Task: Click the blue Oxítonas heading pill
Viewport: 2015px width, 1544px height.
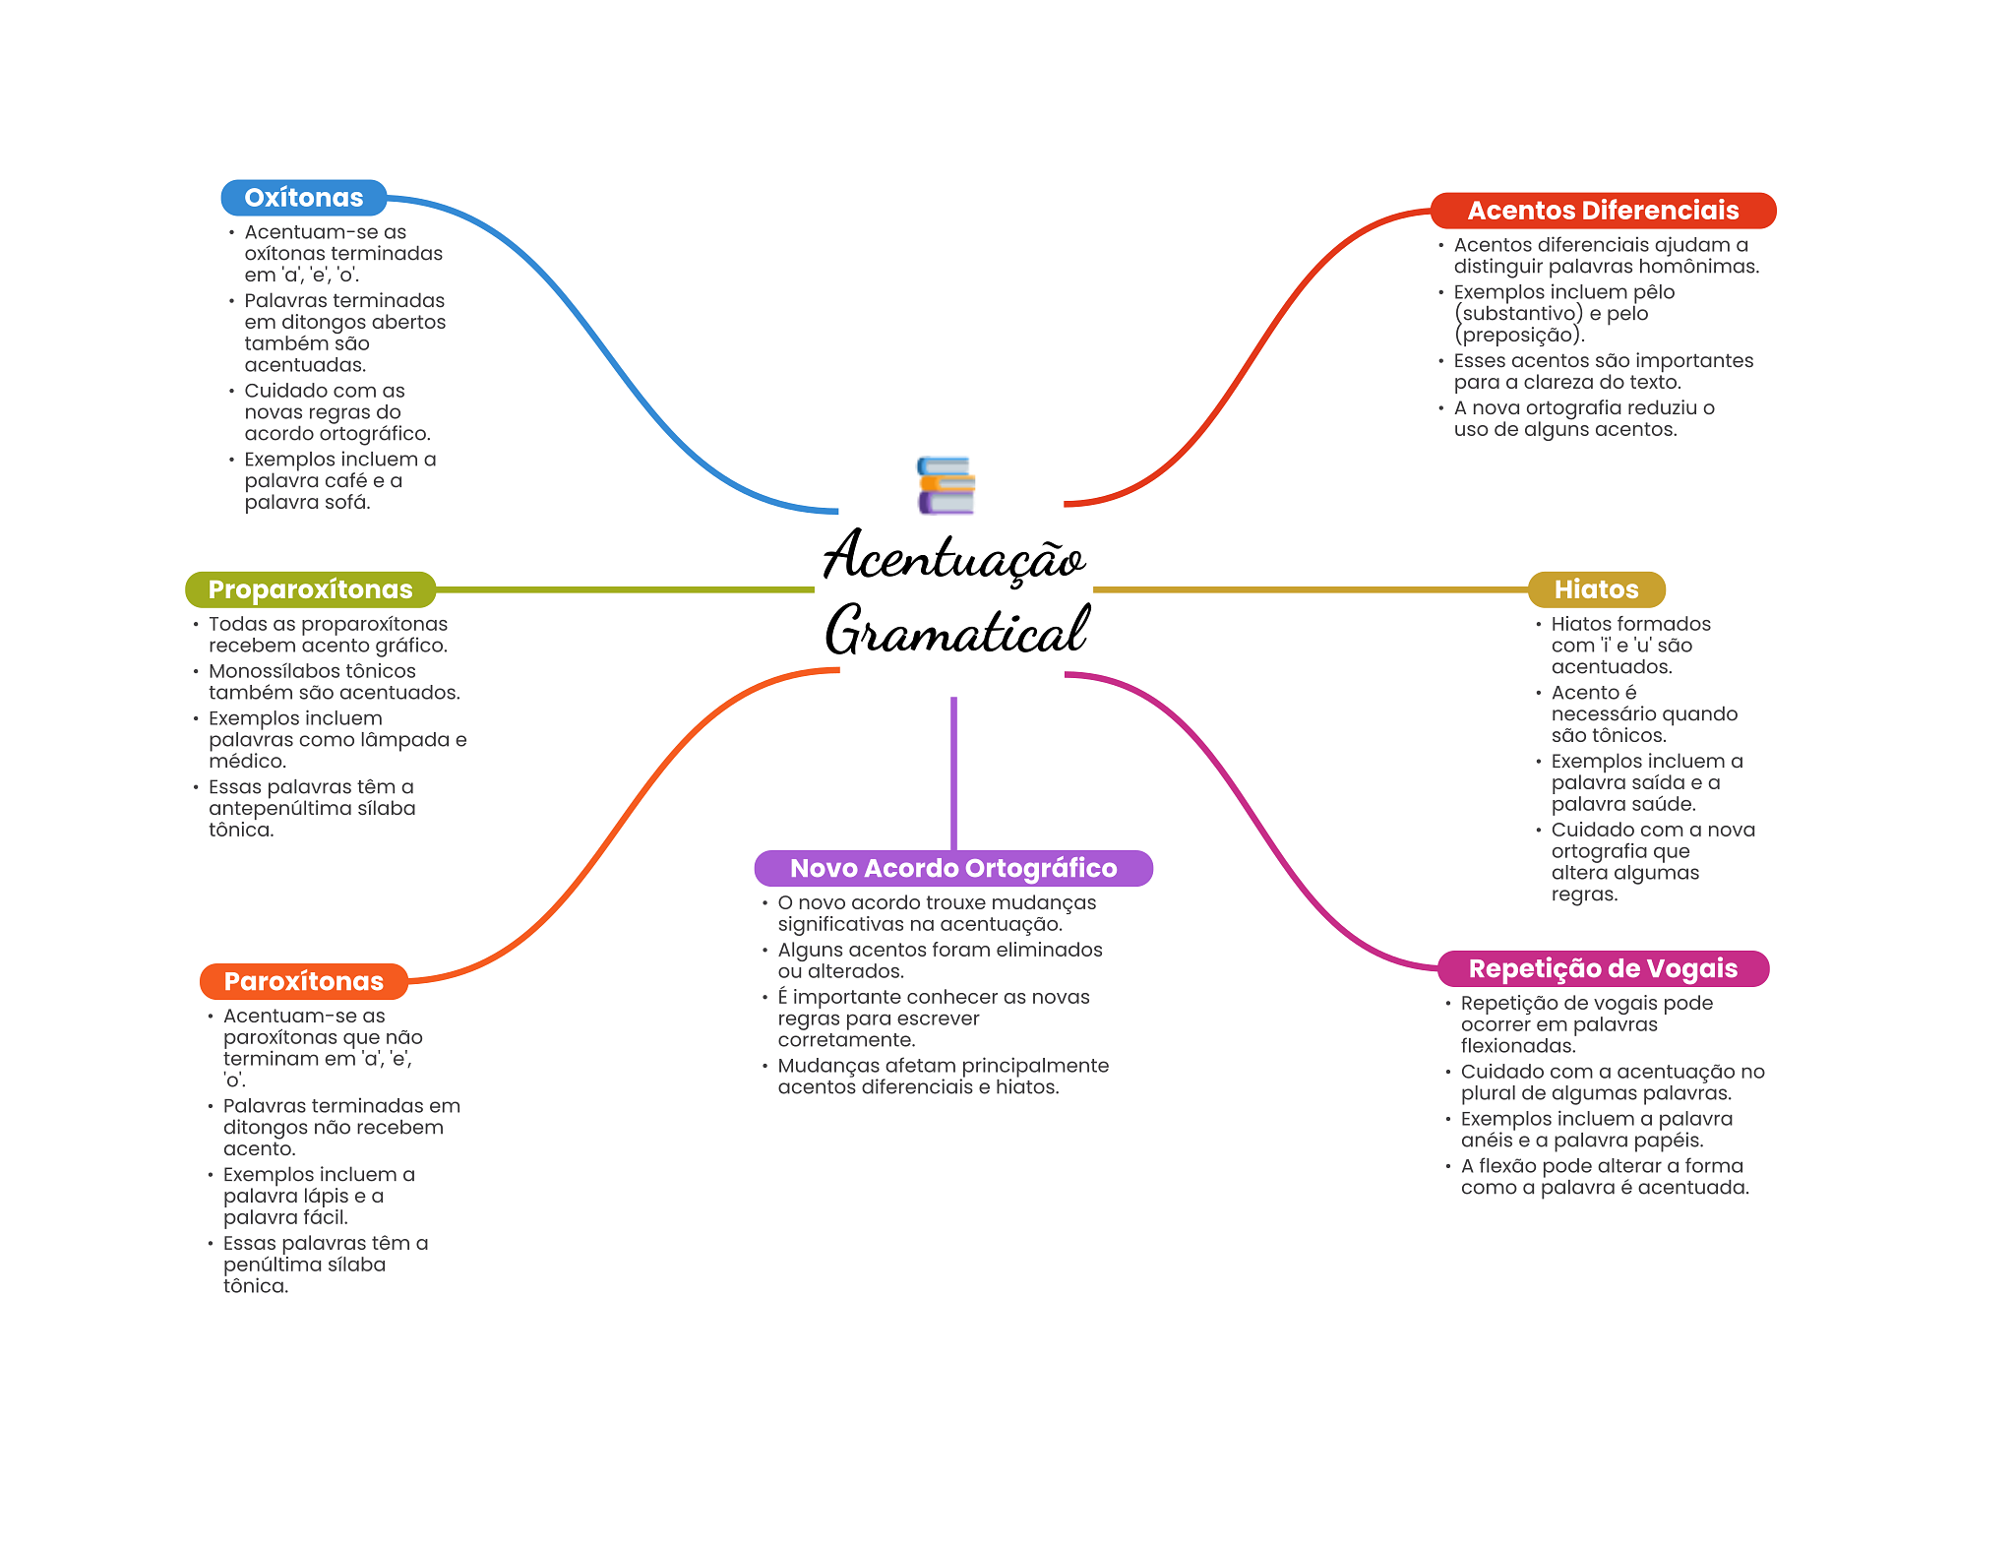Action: pyautogui.click(x=303, y=198)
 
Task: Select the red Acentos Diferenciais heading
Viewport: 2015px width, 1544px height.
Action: pyautogui.click(x=1602, y=211)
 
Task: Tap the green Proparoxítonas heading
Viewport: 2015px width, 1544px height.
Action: pyautogui.click(x=310, y=589)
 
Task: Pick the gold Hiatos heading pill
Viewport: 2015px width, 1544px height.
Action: pyautogui.click(x=1595, y=589)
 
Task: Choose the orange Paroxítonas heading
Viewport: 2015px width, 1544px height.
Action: pyautogui.click(x=303, y=981)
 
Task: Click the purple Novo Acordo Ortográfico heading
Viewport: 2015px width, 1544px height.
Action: pyautogui.click(x=952, y=868)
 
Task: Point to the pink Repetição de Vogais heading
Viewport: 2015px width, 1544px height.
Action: pyautogui.click(x=1602, y=968)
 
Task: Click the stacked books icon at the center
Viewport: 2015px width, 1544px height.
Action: pyautogui.click(x=946, y=485)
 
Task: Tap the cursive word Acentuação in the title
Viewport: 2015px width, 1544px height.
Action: pyautogui.click(x=953, y=556)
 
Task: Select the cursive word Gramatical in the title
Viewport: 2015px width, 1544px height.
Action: pyautogui.click(x=956, y=631)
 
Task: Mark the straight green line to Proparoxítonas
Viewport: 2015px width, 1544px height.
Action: pyautogui.click(x=625, y=589)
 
